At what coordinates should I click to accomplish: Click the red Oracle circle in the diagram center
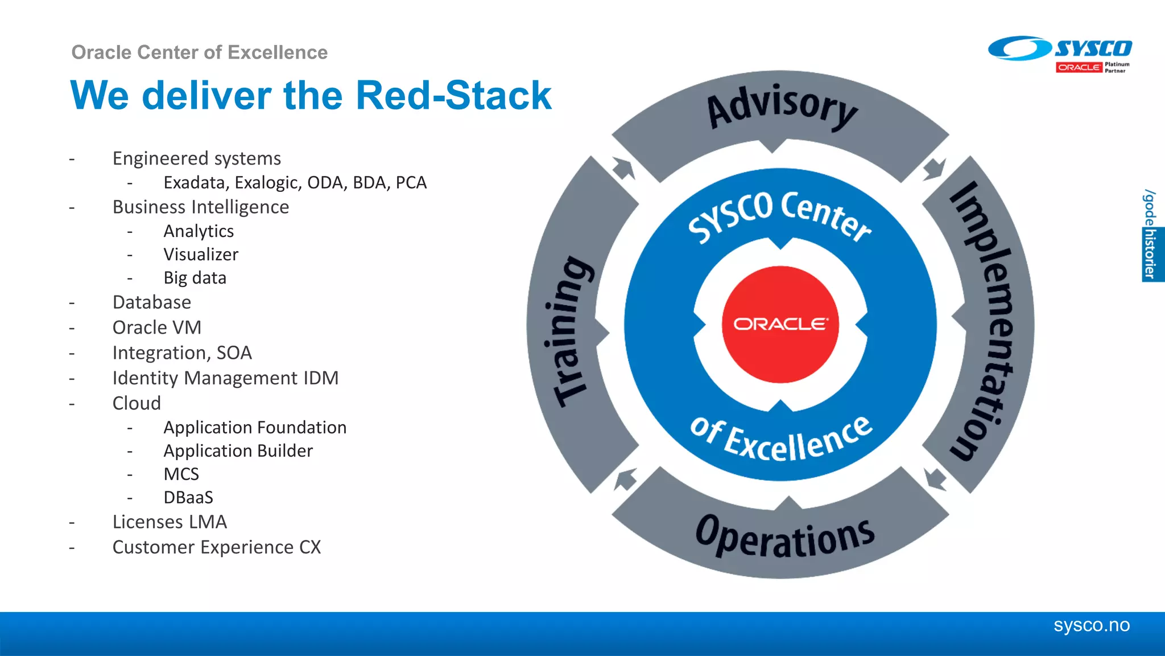click(x=780, y=324)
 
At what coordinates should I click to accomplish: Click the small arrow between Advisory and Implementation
click(x=933, y=169)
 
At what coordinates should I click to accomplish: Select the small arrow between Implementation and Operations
click(x=935, y=478)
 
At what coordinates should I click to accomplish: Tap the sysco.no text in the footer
click(x=1091, y=625)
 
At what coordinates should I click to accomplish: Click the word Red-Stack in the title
click(x=453, y=95)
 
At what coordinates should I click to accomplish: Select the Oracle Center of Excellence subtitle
click(x=199, y=52)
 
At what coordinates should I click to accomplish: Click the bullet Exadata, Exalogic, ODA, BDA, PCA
click(x=295, y=183)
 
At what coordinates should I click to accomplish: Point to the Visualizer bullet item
click(x=201, y=255)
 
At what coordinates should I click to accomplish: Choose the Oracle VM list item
click(x=157, y=327)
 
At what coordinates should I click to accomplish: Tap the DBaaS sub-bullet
click(x=188, y=498)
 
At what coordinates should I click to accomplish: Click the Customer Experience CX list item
click(x=217, y=547)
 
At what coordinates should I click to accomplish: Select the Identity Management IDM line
click(x=225, y=378)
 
